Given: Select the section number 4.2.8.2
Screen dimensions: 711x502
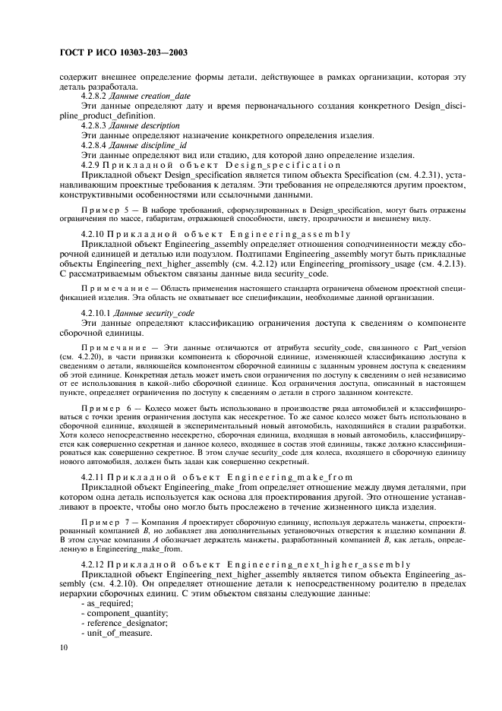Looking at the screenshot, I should [x=93, y=96].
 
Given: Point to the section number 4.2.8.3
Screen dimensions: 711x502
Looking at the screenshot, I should [x=93, y=125].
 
